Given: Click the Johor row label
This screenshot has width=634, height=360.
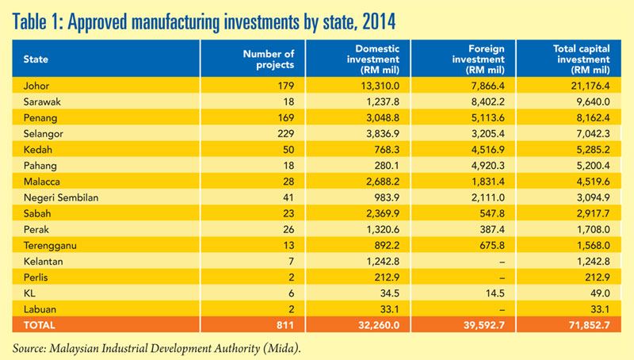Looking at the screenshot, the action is (36, 86).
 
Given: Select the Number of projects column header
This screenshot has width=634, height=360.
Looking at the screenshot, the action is (269, 59).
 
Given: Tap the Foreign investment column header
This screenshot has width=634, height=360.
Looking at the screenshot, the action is (479, 59).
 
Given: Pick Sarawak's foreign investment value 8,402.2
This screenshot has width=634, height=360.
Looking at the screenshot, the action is (487, 102).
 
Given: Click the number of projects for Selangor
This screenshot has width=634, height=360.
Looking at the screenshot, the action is (286, 134).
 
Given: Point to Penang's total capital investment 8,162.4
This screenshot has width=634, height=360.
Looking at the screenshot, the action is (593, 118).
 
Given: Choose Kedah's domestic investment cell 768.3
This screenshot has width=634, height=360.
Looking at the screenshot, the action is (387, 150).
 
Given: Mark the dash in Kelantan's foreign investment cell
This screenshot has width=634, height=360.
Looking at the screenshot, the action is (502, 262).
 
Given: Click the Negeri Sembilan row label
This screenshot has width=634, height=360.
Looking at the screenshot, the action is (61, 197).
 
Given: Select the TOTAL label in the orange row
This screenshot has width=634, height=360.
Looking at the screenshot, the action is (39, 325).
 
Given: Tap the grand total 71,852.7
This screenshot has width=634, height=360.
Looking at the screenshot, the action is (589, 325).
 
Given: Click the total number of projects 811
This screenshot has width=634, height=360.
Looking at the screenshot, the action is (285, 325).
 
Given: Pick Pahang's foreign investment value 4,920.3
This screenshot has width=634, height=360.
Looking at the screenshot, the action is (487, 166).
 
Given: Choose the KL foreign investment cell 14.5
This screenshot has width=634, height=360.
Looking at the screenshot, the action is (495, 293).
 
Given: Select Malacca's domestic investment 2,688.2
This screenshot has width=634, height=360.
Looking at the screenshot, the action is (383, 182).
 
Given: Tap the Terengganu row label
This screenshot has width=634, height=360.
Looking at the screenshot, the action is (50, 246).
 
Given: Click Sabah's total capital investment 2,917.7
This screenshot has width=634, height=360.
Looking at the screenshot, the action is (593, 214).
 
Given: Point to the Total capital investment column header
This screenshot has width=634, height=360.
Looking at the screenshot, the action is (582, 59).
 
